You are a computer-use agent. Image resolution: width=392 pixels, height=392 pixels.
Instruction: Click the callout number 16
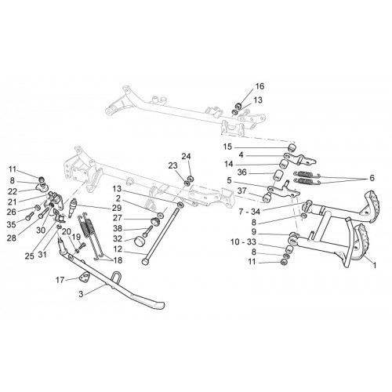[259, 86]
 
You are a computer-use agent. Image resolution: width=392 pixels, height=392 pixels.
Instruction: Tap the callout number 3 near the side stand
[81, 294]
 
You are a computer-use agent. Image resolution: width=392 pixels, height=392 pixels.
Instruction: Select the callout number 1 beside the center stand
[375, 266]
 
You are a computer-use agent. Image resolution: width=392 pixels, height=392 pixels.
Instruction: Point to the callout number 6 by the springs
[372, 178]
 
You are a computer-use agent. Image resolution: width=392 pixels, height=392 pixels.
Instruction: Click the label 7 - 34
[249, 212]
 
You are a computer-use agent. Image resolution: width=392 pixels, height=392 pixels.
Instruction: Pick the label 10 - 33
[243, 242]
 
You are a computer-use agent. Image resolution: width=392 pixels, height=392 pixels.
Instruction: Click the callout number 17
[60, 280]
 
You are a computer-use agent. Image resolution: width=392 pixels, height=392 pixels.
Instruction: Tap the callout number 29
[117, 208]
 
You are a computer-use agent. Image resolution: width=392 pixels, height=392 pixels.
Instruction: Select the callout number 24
[187, 156]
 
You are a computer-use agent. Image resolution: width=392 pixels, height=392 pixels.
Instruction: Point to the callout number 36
[242, 172]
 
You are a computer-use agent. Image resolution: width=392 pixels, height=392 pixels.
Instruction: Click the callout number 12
[118, 249]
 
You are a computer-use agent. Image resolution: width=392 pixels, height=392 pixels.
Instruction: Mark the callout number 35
[12, 224]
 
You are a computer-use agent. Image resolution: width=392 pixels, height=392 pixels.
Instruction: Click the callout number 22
[13, 191]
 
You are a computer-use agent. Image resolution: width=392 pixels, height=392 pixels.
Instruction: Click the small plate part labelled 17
[84, 276]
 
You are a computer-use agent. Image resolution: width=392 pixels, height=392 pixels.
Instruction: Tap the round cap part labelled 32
[140, 241]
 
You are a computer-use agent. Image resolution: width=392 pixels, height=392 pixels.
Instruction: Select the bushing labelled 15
[292, 147]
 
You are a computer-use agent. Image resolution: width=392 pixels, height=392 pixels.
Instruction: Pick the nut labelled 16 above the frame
[238, 106]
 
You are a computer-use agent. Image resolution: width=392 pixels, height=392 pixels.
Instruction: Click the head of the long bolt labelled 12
[145, 261]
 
